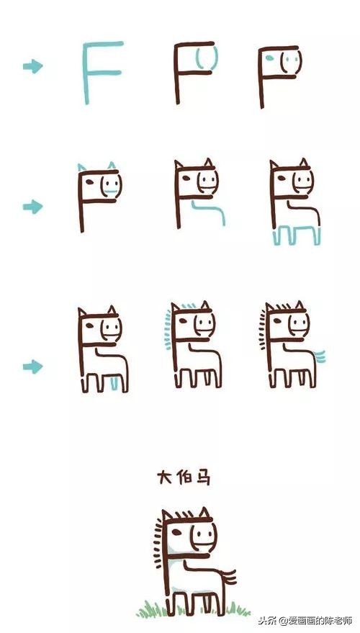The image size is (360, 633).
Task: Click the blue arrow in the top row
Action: (x=33, y=67)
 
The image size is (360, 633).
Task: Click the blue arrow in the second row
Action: (x=33, y=207)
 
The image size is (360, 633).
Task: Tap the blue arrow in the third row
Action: (x=33, y=367)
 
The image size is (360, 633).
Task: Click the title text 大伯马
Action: (x=184, y=477)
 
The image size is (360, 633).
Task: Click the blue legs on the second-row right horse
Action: (x=296, y=236)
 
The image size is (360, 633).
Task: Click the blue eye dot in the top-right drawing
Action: (x=269, y=57)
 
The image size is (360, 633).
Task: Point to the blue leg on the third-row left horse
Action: (x=115, y=382)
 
